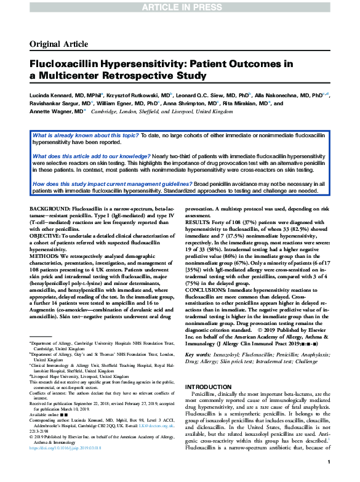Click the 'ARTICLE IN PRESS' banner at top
180,6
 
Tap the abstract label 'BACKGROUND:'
50,210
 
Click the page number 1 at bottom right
330,462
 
